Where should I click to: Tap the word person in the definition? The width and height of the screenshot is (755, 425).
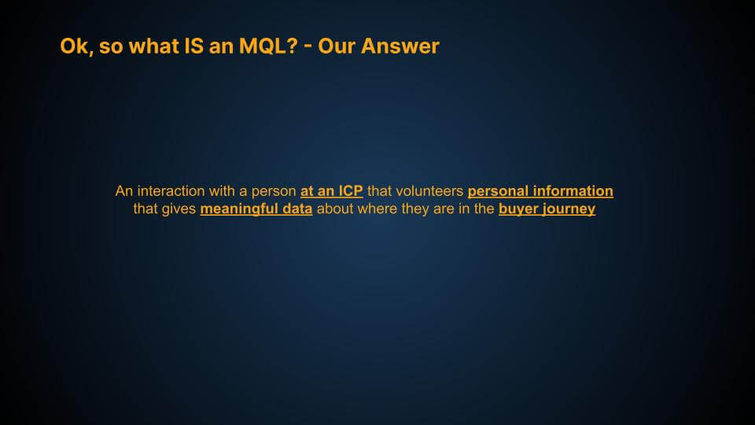pos(275,191)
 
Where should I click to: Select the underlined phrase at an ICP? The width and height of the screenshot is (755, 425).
pos(331,191)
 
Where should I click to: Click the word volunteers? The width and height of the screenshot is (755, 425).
pos(415,191)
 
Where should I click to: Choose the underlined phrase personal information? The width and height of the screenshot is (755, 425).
pos(540,191)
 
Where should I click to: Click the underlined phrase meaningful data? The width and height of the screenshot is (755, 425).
pos(256,210)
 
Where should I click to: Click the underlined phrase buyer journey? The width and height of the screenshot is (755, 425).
pos(547,210)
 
